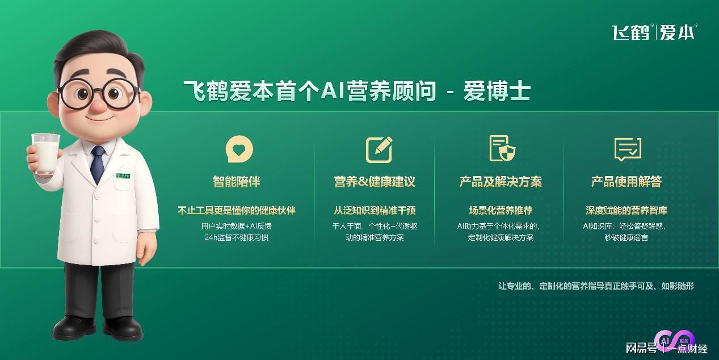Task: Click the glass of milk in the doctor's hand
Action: (45, 153)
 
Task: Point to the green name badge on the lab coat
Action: (123, 175)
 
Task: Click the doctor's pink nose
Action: (99, 106)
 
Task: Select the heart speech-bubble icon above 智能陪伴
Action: (239, 149)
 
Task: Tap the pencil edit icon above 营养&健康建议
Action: (380, 150)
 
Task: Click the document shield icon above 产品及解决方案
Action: (502, 148)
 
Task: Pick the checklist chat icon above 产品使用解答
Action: (628, 149)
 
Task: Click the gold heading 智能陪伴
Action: (237, 182)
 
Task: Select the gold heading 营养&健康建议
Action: (375, 182)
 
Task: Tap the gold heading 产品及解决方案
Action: (501, 182)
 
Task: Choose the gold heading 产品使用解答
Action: (627, 182)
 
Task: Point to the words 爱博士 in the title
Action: (497, 91)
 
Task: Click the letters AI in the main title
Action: (333, 90)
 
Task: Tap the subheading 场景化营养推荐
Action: (501, 210)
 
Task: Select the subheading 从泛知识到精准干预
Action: (375, 210)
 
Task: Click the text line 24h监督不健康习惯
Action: (237, 238)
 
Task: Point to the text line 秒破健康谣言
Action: (627, 238)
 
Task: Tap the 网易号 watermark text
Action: (641, 348)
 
